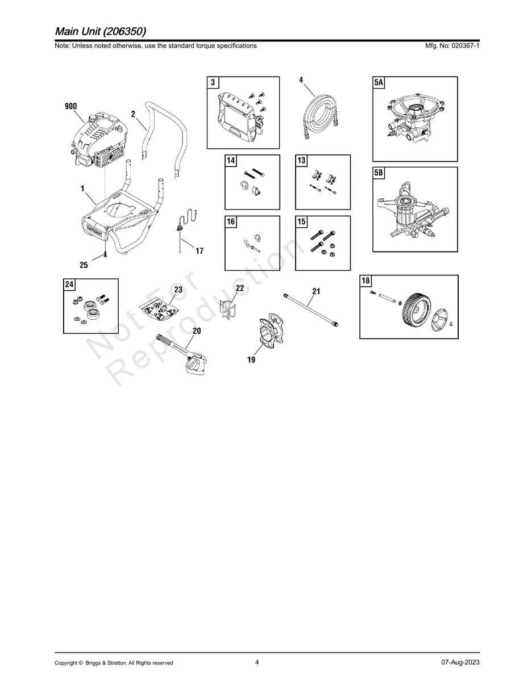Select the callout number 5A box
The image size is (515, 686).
(x=379, y=83)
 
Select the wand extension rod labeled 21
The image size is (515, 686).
(x=311, y=308)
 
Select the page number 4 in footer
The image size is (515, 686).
(x=257, y=662)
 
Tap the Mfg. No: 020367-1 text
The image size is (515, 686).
(x=452, y=45)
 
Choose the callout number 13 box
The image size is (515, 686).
(x=302, y=161)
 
